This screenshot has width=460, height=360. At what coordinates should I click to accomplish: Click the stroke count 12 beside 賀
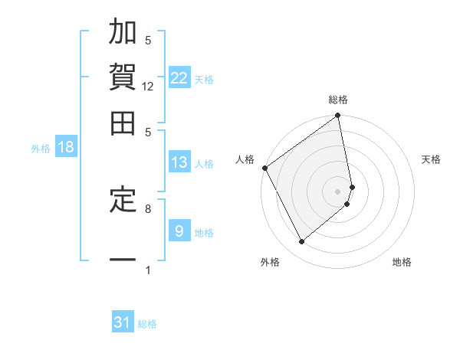pyautogui.click(x=148, y=87)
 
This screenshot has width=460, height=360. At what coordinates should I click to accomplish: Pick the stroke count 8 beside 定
pyautogui.click(x=148, y=208)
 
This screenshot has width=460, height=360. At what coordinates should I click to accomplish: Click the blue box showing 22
pyautogui.click(x=179, y=77)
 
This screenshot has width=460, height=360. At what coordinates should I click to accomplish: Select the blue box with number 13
pyautogui.click(x=179, y=162)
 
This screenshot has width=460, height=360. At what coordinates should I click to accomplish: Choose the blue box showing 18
pyautogui.click(x=66, y=147)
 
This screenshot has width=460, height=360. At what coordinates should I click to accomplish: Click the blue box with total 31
pyautogui.click(x=123, y=322)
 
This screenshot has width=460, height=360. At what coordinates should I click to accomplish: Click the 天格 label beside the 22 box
pyautogui.click(x=204, y=79)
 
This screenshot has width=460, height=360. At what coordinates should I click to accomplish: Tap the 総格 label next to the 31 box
pyautogui.click(x=147, y=324)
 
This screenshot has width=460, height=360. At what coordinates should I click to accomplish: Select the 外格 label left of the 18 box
pyautogui.click(x=41, y=149)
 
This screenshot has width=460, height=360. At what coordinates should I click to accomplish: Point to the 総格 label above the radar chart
pyautogui.click(x=338, y=100)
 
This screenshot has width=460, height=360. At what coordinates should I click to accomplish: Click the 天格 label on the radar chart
pyautogui.click(x=431, y=159)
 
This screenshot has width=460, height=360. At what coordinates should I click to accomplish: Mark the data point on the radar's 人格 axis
pyautogui.click(x=264, y=168)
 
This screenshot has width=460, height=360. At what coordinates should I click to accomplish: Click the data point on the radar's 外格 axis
pyautogui.click(x=301, y=242)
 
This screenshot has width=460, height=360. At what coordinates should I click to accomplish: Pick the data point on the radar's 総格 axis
pyautogui.click(x=338, y=116)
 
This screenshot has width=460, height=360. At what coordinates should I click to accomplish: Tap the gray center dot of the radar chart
pyautogui.click(x=338, y=191)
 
